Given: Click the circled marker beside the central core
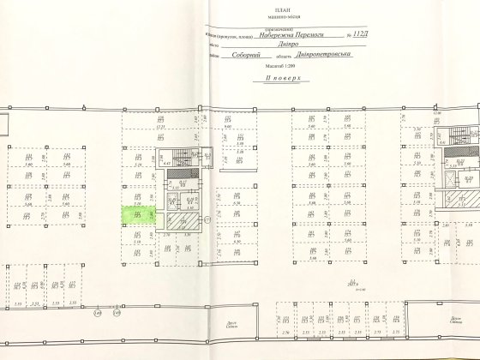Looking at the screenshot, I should click(x=207, y=221).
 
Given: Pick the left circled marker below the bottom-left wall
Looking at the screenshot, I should click(x=99, y=313).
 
